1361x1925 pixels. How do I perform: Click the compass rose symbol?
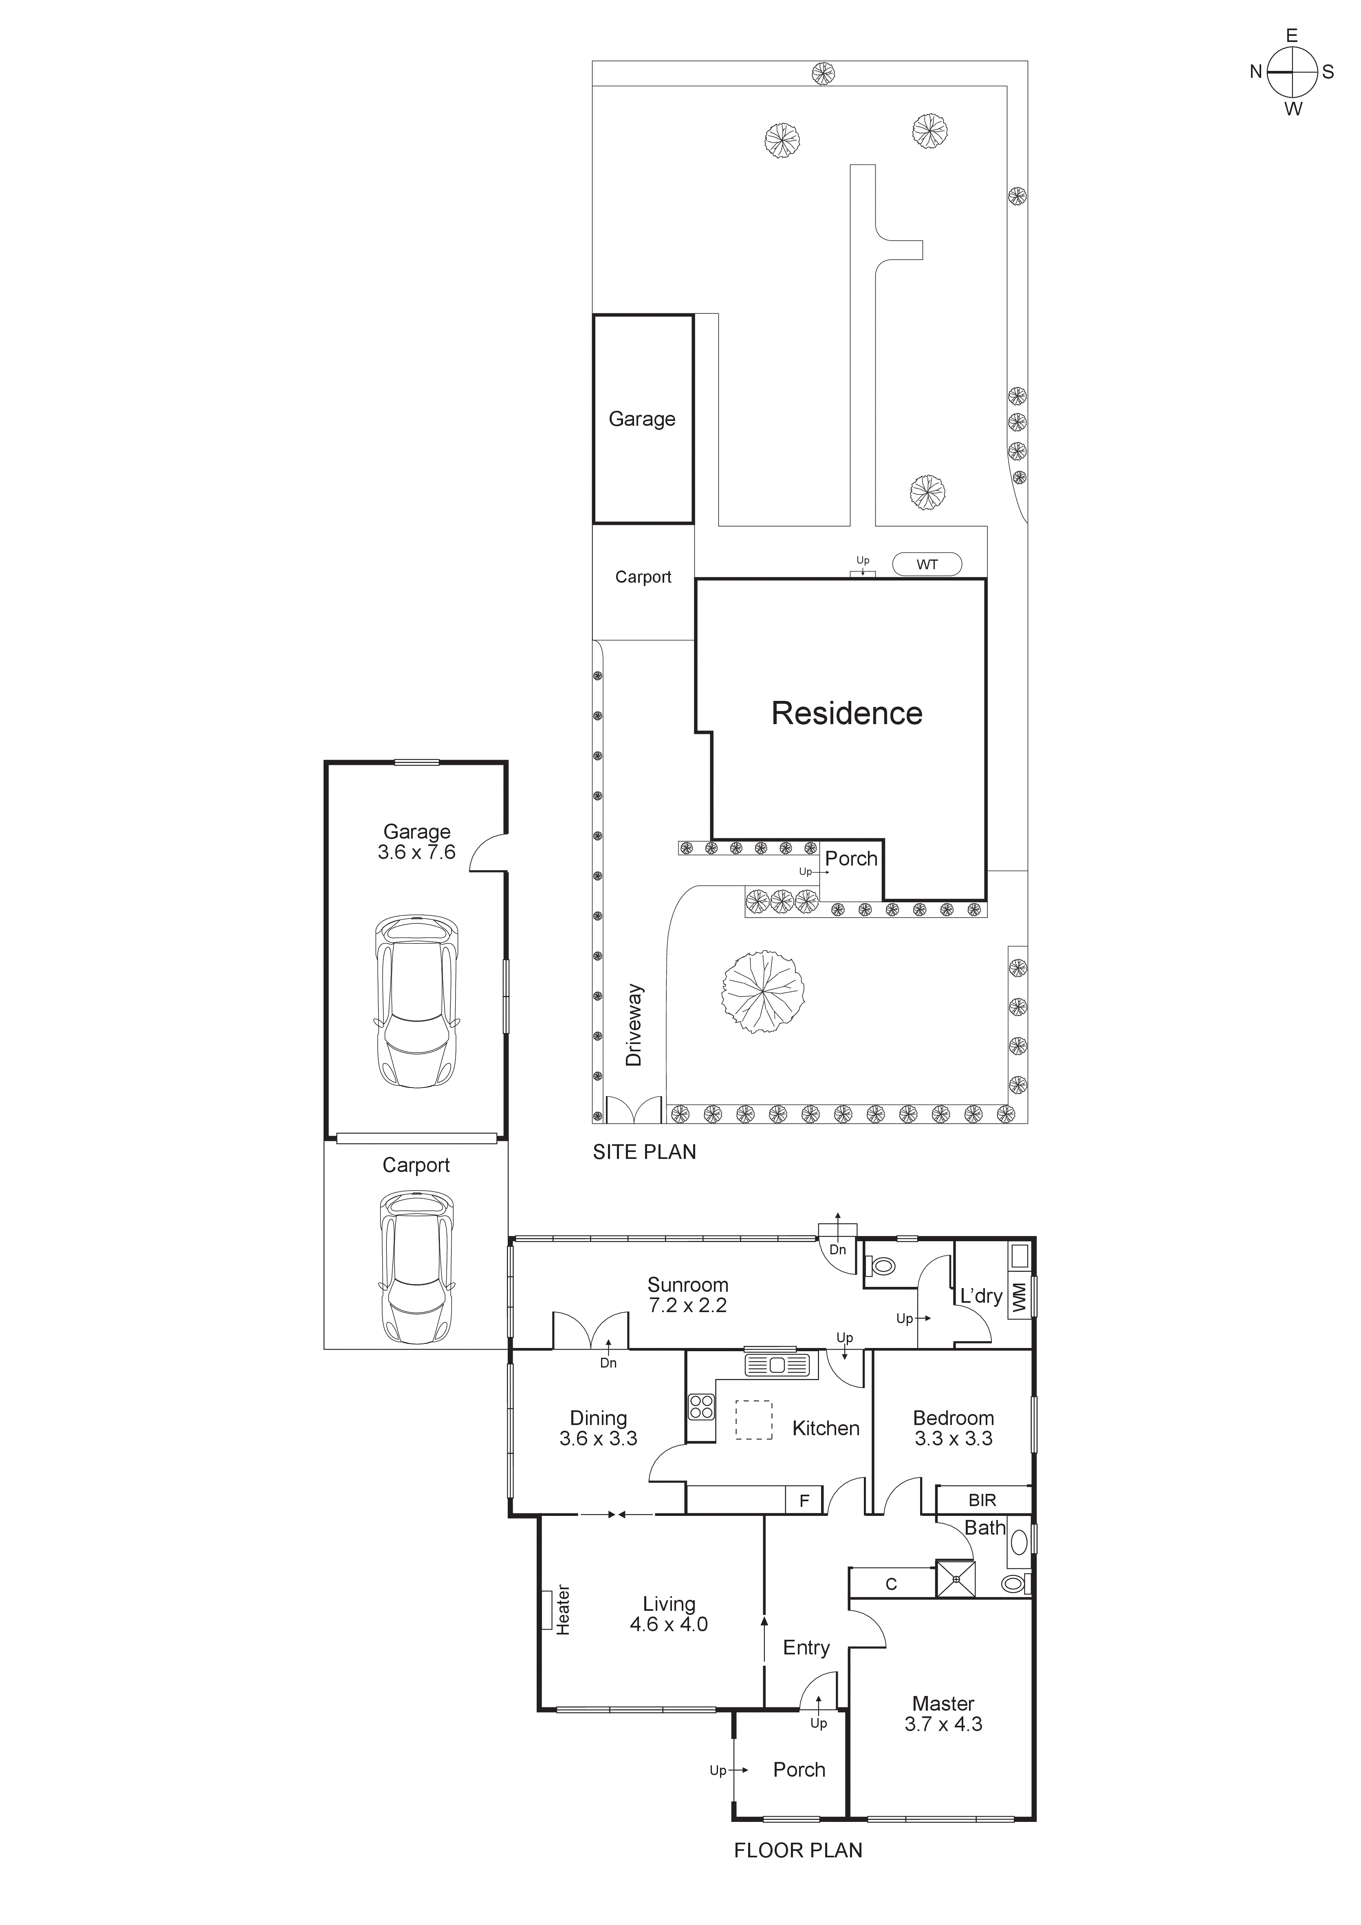coord(1291,72)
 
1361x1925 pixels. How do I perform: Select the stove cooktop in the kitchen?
coord(701,1406)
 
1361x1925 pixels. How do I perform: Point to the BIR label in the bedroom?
coord(982,1499)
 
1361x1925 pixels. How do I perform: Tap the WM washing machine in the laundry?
coord(1019,1296)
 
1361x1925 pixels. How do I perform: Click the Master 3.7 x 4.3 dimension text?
coord(943,1714)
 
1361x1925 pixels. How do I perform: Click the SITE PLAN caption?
coord(644,1152)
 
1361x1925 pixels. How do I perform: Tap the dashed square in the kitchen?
coord(754,1419)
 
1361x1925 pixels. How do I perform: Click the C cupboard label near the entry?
coord(892,1584)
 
